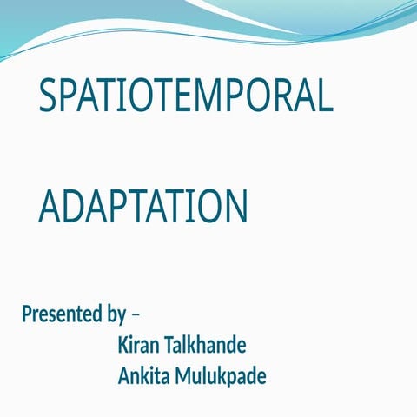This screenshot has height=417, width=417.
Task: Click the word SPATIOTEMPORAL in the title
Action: click(x=186, y=96)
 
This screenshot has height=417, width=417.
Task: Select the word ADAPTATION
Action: click(x=143, y=207)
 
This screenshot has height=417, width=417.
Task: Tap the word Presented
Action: click(x=61, y=314)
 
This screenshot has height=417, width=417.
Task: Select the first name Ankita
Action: click(x=143, y=377)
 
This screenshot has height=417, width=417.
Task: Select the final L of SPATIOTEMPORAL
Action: click(x=325, y=96)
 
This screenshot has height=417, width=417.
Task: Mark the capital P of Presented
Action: click(x=27, y=314)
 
